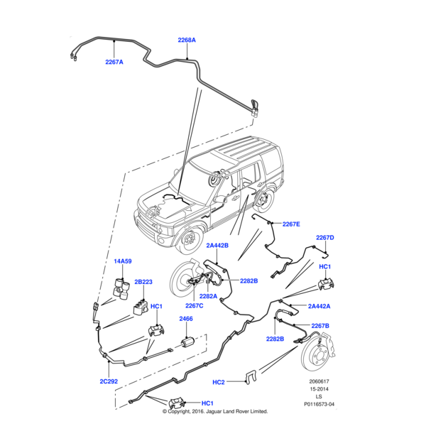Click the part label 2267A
point(114,62)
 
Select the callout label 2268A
point(187,40)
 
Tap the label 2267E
point(291,224)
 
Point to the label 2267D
point(324,238)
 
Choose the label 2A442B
point(217,245)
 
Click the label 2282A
point(208,296)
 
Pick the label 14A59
point(122,262)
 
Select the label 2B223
point(143,282)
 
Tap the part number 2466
point(185,319)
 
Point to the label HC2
point(219,383)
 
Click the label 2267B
point(319,326)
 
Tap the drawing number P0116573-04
point(318,405)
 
